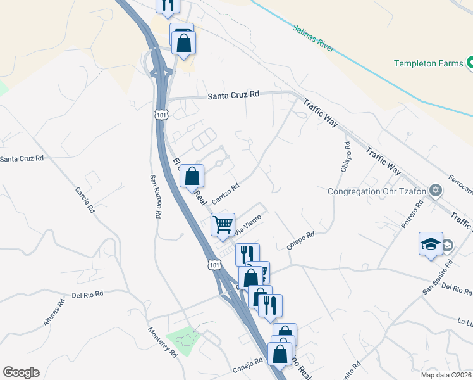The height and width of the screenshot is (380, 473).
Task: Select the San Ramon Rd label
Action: point(154,196)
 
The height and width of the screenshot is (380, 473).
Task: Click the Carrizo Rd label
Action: point(226,194)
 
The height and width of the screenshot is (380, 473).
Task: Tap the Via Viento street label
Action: point(248,224)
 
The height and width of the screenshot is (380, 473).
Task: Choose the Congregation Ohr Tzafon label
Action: point(378,191)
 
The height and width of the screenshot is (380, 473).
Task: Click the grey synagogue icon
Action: point(435,191)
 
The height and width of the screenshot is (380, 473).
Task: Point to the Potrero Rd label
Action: point(412,216)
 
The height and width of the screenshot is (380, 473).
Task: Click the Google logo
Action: point(21,372)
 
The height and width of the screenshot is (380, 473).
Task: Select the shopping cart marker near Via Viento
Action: point(223,225)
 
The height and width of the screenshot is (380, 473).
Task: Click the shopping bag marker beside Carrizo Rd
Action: point(192,177)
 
